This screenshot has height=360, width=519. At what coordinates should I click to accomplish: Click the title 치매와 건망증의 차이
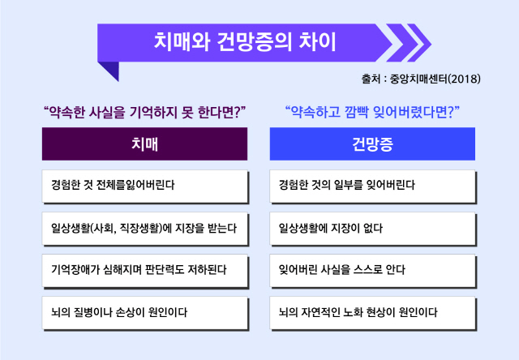(245, 41)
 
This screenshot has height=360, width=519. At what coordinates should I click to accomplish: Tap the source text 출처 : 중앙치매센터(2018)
(421, 79)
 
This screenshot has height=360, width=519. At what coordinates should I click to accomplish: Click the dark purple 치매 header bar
(144, 144)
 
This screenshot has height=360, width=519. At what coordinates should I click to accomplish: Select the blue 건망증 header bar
(372, 144)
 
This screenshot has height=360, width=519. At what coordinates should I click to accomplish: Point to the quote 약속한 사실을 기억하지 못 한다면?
(144, 113)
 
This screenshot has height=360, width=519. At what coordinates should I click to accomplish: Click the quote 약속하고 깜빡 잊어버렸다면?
(372, 113)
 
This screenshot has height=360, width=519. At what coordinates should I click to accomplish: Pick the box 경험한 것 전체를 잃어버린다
(145, 186)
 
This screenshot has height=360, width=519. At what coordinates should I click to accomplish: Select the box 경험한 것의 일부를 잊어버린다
(373, 186)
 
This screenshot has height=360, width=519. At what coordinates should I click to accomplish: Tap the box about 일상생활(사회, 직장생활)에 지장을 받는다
(145, 229)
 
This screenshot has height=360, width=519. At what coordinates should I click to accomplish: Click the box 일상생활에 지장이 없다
(373, 229)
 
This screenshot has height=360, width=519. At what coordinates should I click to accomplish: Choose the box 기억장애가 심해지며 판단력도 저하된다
(145, 271)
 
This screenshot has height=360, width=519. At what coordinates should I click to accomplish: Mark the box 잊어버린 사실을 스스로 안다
(373, 271)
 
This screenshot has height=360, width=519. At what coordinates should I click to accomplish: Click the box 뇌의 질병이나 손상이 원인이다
(145, 313)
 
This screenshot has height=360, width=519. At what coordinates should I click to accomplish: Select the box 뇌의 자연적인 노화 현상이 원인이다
(373, 313)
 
